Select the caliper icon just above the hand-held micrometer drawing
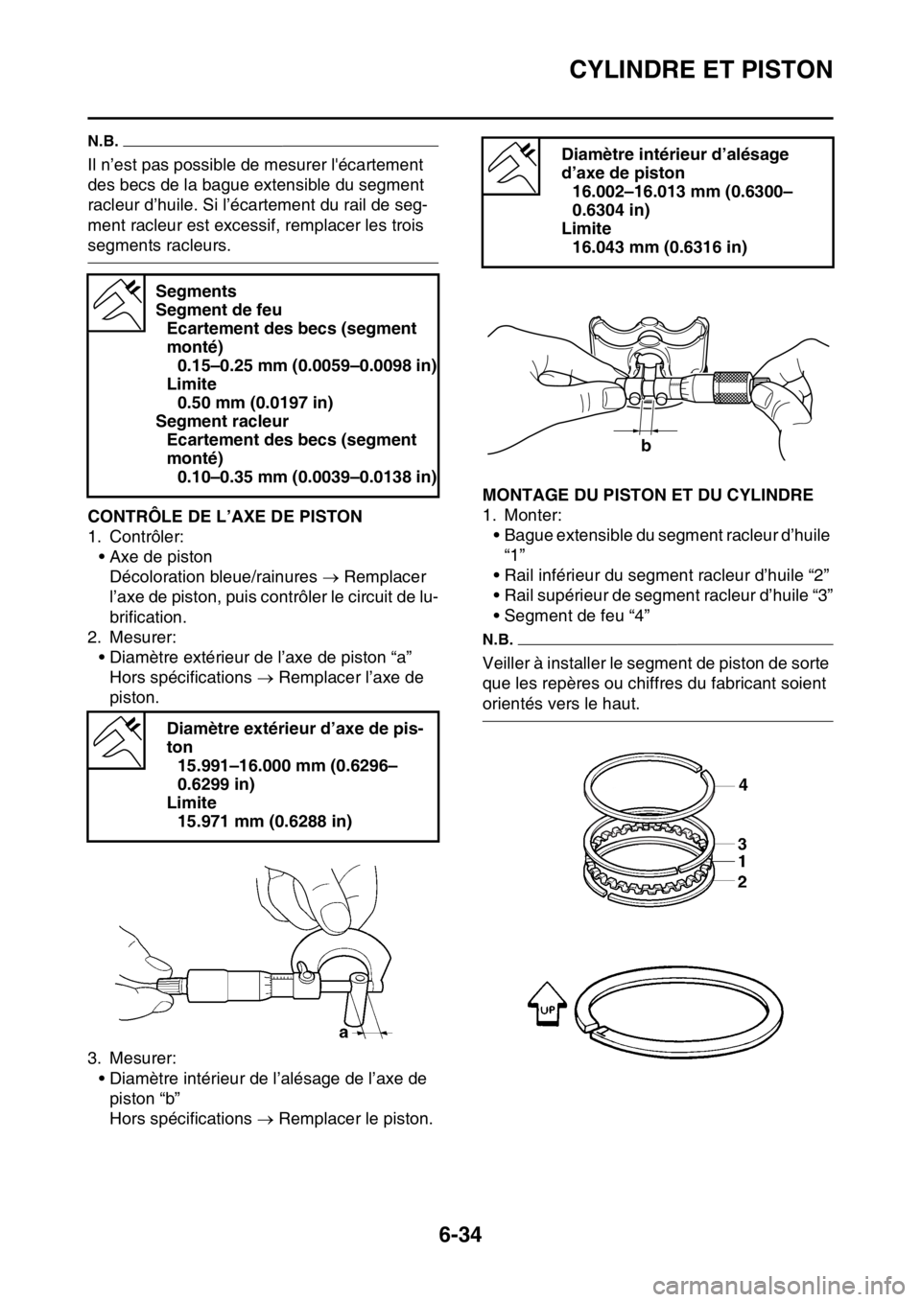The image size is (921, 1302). click(117, 739)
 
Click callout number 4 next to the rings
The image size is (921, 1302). click(743, 784)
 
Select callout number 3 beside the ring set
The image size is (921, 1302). click(743, 843)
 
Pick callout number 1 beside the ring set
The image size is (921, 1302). click(743, 860)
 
